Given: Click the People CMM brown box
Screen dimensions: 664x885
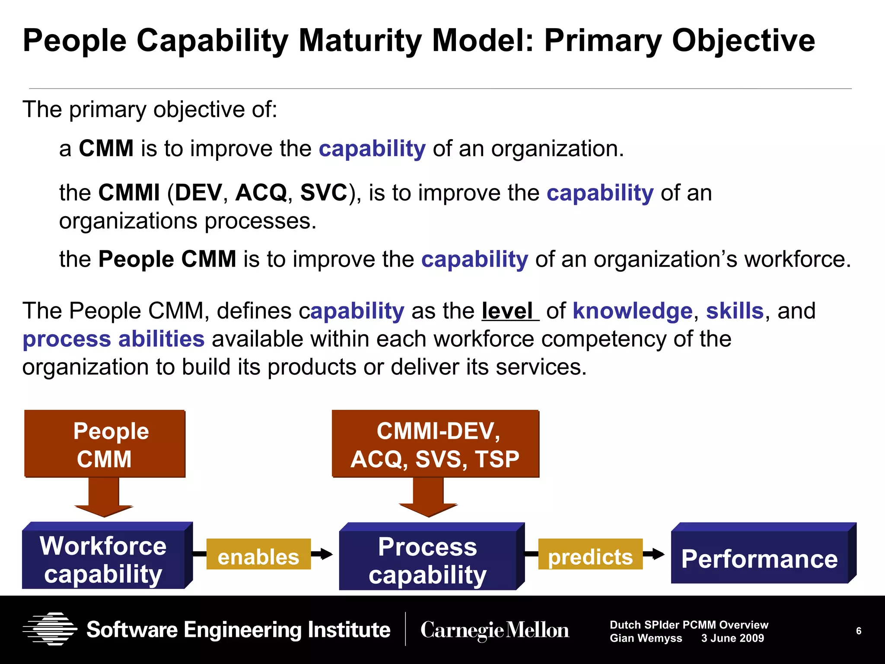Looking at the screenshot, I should click(x=105, y=444).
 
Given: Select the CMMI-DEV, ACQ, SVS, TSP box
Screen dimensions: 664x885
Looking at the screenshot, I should click(x=435, y=444).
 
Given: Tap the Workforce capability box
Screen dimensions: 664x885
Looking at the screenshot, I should click(x=104, y=559).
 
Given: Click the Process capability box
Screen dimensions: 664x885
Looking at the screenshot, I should click(x=428, y=560).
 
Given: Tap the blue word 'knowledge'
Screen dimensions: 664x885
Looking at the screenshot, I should click(x=632, y=311).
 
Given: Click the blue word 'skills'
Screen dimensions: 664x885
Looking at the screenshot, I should click(x=735, y=311).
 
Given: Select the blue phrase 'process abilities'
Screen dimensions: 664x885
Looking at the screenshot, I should click(x=113, y=339).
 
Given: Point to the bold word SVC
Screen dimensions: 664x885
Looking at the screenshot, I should click(x=324, y=193).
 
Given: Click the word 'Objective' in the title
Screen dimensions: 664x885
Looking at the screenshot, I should click(x=743, y=41).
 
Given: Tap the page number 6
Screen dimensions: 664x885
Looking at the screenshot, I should click(x=858, y=631).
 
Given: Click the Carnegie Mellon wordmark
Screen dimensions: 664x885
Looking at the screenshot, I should click(x=495, y=630).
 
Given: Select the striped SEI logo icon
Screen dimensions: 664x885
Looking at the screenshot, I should click(x=50, y=629).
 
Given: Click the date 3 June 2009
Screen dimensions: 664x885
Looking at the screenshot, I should click(x=732, y=638).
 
